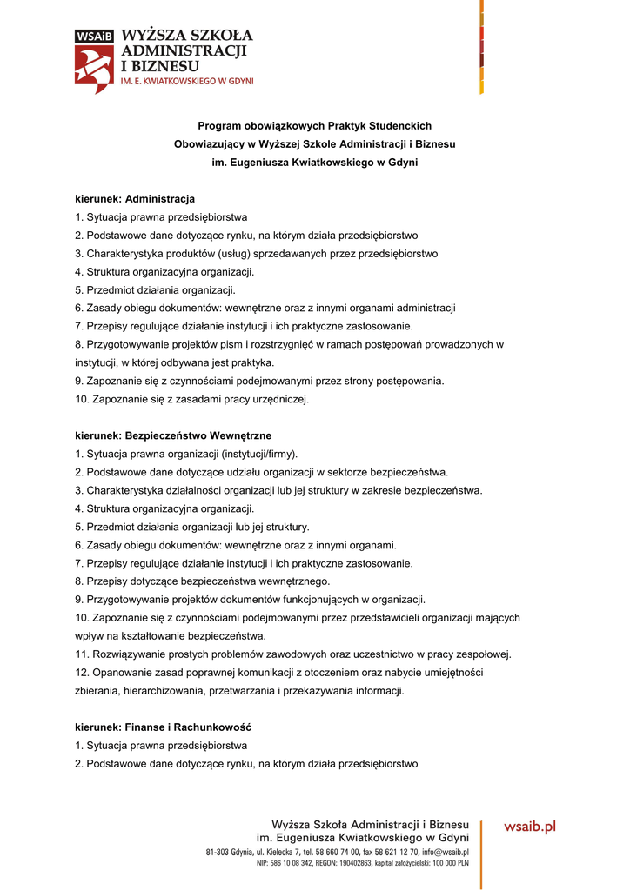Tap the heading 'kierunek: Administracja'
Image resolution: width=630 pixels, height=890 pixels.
click(x=135, y=199)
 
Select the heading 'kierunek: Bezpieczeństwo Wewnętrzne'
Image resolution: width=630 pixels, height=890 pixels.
click(x=173, y=435)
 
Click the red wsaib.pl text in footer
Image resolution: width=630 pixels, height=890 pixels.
click(x=529, y=827)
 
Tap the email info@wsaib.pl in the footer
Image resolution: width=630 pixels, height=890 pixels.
click(x=445, y=852)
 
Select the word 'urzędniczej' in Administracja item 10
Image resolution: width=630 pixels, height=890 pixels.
click(x=280, y=400)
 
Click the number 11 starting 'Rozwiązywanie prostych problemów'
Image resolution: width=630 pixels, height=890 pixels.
click(x=81, y=654)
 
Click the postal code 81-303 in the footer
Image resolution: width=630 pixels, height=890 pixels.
click(x=218, y=852)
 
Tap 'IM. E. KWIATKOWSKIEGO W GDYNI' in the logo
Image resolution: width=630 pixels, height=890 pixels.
click(x=186, y=80)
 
